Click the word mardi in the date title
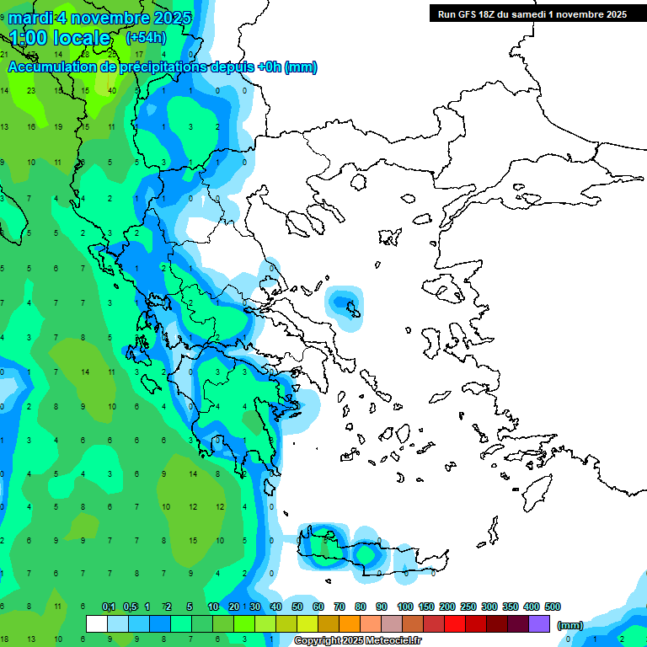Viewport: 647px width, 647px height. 31,17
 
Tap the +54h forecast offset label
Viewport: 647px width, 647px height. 146,37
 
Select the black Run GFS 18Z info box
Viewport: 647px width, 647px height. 531,13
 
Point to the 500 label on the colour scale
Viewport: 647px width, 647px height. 552,607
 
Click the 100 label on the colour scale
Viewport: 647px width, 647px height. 404,607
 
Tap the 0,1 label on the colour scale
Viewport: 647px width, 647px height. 109,607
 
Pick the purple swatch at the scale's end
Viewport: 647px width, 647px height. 539,623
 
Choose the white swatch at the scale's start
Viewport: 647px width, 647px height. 97,623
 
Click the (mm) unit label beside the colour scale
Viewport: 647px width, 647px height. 570,625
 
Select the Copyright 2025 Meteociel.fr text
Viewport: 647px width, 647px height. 357,641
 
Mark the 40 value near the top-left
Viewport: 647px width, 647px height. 112,90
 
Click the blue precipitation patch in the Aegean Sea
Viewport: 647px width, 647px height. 344,302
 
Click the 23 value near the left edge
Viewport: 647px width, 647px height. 31,90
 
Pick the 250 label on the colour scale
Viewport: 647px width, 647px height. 468,607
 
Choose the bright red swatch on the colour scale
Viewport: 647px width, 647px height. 455,623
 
